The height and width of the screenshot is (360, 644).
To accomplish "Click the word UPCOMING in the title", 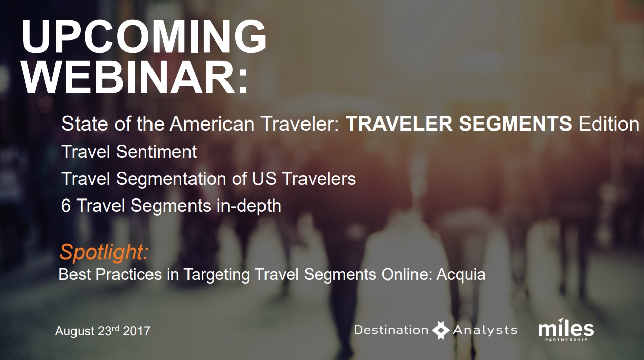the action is click(x=144, y=36).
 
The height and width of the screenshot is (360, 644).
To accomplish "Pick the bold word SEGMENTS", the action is click(x=515, y=124).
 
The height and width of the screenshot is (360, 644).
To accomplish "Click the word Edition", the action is click(x=609, y=124).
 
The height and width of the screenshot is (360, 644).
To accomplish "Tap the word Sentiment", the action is click(x=157, y=151).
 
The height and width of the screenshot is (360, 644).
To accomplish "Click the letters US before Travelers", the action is click(x=264, y=178).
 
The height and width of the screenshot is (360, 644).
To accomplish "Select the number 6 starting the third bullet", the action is click(x=66, y=206).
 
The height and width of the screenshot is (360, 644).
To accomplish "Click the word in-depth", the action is click(x=249, y=206).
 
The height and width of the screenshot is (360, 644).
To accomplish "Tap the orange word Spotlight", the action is click(x=104, y=252).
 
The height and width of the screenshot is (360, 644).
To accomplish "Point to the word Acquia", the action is click(x=461, y=275).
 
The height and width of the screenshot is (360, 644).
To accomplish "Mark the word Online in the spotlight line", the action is click(x=407, y=274).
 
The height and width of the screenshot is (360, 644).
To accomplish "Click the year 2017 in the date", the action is click(x=137, y=331).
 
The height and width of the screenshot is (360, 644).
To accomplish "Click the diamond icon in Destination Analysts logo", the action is click(x=441, y=330).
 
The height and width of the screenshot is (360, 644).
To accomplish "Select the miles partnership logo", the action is click(x=566, y=330).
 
